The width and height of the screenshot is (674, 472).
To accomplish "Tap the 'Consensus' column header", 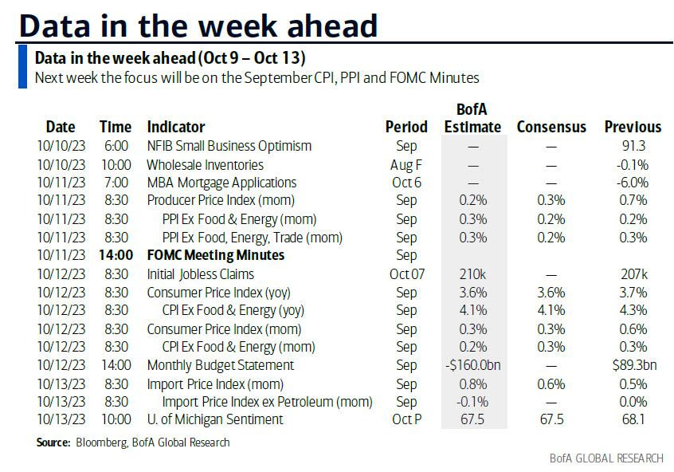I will click(x=551, y=127).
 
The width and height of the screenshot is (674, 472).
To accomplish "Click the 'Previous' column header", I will click(x=633, y=127).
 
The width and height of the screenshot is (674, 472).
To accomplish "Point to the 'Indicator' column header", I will click(x=176, y=127).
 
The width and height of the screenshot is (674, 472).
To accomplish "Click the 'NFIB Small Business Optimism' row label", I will click(x=229, y=146).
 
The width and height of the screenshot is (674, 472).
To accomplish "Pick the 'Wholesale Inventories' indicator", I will click(x=205, y=164).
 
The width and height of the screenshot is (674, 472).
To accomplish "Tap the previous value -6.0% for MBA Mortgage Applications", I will click(x=633, y=183).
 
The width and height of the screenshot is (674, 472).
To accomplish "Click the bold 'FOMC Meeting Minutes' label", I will click(x=216, y=255).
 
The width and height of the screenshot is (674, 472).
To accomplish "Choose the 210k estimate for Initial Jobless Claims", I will click(x=473, y=273).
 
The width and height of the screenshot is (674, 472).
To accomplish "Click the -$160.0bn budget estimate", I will click(x=473, y=364).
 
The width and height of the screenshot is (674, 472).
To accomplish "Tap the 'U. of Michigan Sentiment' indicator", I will click(x=215, y=419).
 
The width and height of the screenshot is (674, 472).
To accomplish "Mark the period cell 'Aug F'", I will click(x=406, y=164).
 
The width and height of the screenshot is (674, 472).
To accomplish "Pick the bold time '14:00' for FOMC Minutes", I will click(x=116, y=255).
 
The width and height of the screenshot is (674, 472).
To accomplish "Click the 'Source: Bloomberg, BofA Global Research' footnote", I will click(x=133, y=442).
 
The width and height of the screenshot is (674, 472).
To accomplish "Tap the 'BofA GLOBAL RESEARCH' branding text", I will click(x=606, y=458).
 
